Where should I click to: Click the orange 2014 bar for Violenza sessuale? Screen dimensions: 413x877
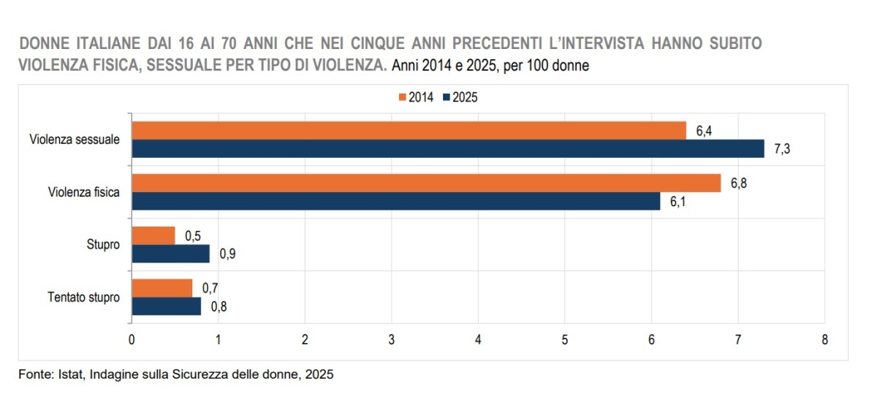click(x=409, y=131)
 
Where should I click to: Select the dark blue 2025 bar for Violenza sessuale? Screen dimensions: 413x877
click(x=447, y=149)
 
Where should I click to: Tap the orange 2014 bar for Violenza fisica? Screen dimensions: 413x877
click(x=425, y=183)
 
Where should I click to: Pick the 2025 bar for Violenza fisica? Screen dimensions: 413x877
click(x=395, y=201)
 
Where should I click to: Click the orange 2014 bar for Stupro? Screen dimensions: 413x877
click(x=153, y=235)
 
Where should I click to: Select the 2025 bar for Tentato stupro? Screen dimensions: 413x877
click(x=166, y=306)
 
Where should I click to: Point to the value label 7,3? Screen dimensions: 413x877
click(x=783, y=149)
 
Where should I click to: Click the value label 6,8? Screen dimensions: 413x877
click(x=740, y=183)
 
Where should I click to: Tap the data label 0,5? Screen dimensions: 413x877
click(x=194, y=235)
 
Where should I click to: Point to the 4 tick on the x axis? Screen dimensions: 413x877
click(x=478, y=340)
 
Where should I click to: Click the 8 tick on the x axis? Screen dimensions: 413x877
click(x=824, y=340)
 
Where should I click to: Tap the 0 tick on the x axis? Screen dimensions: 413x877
click(x=131, y=340)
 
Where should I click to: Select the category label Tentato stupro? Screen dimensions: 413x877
click(x=83, y=298)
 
